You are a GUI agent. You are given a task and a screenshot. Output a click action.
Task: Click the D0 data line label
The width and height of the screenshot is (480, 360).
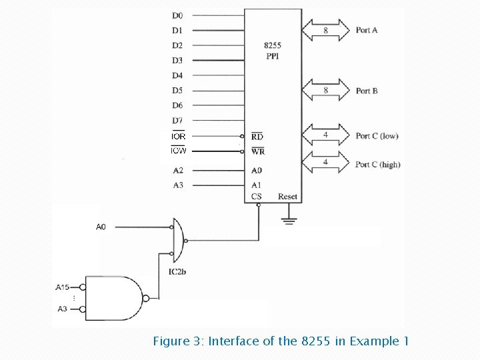[x=177, y=15]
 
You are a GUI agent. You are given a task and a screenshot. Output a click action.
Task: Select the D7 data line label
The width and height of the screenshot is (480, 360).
[x=177, y=121]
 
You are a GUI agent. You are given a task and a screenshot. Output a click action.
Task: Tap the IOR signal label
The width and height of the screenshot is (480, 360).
[x=178, y=136]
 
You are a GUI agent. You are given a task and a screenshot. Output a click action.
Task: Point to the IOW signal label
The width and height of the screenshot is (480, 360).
[x=178, y=151]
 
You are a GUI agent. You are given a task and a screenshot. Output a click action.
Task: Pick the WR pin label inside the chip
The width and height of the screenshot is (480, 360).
[x=258, y=151]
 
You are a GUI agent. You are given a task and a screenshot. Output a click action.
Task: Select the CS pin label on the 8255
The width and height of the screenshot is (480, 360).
[x=257, y=197]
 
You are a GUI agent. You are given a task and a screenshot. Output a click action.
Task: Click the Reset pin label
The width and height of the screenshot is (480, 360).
[x=287, y=197]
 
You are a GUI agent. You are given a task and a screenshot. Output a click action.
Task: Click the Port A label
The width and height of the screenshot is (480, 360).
[x=367, y=30]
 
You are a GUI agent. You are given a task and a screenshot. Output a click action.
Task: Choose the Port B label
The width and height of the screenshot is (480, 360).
[x=367, y=91]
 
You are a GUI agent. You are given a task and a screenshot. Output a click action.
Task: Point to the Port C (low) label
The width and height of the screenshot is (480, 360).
[x=377, y=136]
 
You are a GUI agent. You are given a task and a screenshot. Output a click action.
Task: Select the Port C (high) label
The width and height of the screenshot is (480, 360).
[x=378, y=164]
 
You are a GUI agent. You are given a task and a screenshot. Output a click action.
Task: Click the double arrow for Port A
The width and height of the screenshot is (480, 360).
[x=325, y=30]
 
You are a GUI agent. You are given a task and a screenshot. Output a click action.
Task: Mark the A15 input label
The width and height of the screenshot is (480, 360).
[x=63, y=287]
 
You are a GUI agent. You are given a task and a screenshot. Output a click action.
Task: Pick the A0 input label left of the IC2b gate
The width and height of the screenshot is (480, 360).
[x=101, y=227]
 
